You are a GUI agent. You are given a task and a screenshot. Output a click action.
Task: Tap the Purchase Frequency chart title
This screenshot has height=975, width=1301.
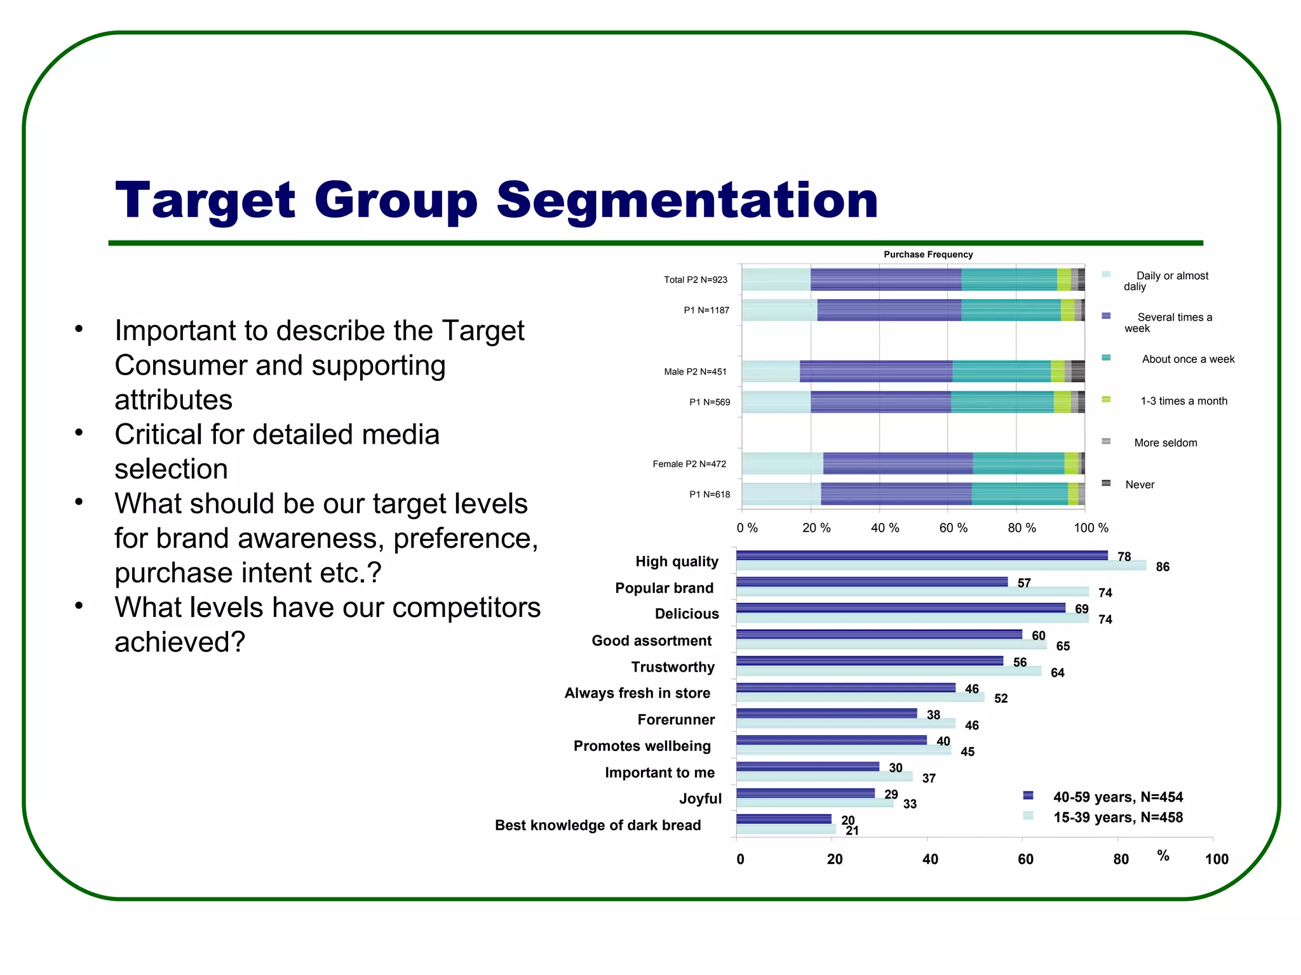point(927,255)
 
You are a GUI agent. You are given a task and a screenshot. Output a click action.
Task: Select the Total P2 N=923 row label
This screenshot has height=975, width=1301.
point(695,280)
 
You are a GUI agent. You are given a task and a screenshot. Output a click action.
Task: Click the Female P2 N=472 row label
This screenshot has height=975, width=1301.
point(689,464)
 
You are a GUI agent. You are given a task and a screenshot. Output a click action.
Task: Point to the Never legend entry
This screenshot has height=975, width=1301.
point(1139,485)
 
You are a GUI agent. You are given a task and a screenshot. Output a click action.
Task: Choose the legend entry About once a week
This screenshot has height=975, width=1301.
point(1187,359)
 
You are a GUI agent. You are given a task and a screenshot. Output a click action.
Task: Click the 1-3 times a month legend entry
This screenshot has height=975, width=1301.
point(1183,401)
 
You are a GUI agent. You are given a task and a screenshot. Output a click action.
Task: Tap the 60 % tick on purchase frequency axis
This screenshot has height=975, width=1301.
point(953,528)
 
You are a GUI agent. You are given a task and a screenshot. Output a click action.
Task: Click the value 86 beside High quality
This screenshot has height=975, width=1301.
point(1163,567)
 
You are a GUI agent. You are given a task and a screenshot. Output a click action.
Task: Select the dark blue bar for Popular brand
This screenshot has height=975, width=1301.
point(872,581)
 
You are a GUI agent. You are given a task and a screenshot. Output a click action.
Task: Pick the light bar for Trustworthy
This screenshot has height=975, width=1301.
point(888,671)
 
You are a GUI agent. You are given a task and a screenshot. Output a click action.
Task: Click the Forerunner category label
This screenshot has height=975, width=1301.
point(676,720)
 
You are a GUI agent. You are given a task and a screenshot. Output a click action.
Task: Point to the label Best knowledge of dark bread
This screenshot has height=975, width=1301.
point(598,825)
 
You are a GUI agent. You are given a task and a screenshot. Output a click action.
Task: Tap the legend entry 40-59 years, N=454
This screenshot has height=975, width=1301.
point(1117,797)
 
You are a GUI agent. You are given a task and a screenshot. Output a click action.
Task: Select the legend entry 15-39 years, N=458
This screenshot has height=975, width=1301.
point(1117,818)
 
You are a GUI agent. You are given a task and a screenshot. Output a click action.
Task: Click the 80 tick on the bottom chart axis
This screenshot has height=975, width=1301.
point(1121,859)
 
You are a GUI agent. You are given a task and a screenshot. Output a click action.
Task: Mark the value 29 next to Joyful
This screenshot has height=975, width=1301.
point(891,794)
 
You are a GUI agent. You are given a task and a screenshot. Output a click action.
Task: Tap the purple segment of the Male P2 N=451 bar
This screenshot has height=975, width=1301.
point(875,371)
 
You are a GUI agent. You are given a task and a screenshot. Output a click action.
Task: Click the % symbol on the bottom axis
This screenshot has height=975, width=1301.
point(1163,856)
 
